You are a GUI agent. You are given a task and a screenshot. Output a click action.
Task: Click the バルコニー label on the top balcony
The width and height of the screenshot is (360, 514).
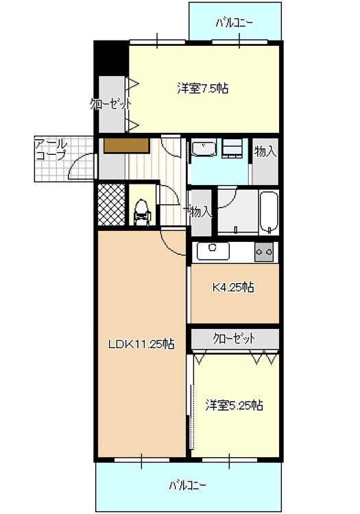click(235, 22)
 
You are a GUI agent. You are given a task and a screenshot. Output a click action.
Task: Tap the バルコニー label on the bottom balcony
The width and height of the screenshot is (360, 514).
click(187, 485)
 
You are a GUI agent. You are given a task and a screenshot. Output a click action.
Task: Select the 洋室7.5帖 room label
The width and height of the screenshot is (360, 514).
click(202, 88)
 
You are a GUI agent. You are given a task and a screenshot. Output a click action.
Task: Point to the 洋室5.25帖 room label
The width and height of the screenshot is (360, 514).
click(234, 405)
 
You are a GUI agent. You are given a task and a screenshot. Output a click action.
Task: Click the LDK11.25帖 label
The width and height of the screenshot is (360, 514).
click(141, 344)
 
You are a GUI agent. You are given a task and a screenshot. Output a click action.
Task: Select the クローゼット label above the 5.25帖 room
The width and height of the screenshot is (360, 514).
click(234, 339)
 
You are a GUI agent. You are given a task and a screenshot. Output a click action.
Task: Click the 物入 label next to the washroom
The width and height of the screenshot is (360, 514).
click(265, 152)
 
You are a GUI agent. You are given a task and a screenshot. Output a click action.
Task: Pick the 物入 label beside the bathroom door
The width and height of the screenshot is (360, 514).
click(200, 212)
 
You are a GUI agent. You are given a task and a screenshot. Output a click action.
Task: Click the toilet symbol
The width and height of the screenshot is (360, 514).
click(142, 211)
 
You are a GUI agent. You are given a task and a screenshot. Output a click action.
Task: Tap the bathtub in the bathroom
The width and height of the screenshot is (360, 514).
click(267, 211)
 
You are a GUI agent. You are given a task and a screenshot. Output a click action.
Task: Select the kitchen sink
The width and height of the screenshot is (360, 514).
click(213, 251)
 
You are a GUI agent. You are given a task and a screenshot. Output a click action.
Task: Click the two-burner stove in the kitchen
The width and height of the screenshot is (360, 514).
click(264, 252)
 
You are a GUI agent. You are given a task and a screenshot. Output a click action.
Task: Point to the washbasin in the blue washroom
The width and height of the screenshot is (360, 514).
click(204, 149)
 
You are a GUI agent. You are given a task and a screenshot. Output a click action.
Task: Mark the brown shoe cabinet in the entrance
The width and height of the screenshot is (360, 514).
click(126, 145)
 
